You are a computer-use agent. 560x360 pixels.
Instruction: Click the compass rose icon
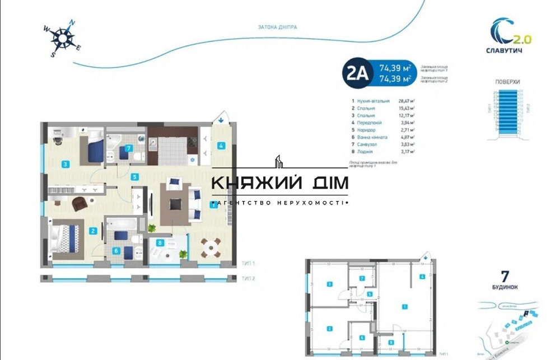pyautogui.click(x=62, y=38)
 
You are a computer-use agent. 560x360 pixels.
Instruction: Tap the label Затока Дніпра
pyautogui.click(x=277, y=26)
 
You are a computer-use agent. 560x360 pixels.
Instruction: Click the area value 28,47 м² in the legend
pyautogui.click(x=405, y=101)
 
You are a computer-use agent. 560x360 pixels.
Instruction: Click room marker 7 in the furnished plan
pyautogui.click(x=129, y=149)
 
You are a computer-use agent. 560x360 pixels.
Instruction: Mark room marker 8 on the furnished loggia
pyautogui.click(x=160, y=243)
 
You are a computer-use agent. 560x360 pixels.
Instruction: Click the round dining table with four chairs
pyautogui.click(x=210, y=246)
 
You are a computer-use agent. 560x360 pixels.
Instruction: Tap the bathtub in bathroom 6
pyautogui.click(x=119, y=227)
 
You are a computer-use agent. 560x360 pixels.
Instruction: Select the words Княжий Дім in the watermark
pyautogui.click(x=279, y=183)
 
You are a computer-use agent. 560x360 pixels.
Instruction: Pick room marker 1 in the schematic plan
pyautogui.click(x=404, y=306)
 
